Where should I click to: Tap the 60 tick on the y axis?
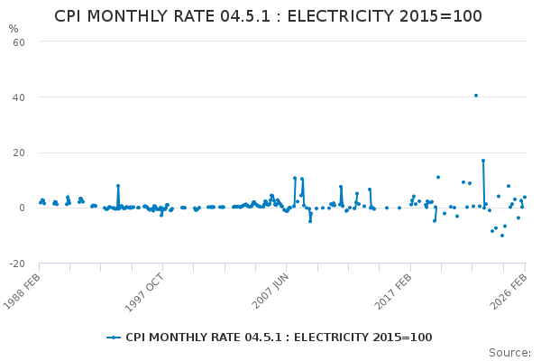18,42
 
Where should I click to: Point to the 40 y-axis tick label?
18,97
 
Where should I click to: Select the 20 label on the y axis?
18,153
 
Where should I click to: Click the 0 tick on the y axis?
21,208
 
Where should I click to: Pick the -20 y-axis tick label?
16,264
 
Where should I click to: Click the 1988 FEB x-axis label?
23,291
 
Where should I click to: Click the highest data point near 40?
476,96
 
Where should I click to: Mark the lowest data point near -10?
502,236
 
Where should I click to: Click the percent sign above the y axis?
13,29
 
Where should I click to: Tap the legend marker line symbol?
114,338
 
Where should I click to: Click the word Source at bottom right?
510,352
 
